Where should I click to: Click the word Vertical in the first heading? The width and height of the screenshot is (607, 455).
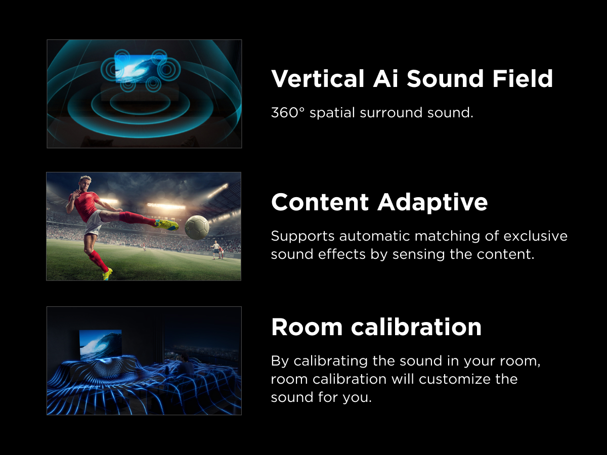pos(318,79)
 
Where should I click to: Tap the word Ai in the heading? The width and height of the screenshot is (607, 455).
pos(386,79)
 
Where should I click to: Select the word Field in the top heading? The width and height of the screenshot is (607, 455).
pos(523,79)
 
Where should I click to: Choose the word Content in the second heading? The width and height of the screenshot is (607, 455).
pos(320,202)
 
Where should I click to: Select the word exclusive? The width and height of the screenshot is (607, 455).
pos(535,236)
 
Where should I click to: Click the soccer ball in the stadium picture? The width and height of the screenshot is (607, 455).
pos(197,227)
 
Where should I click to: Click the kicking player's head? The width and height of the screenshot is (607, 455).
pos(85,184)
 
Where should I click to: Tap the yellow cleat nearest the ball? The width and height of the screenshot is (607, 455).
pos(166,224)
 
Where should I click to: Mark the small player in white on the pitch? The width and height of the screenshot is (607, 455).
pos(215,249)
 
